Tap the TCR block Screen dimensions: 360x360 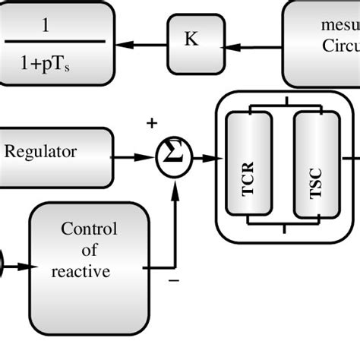(248, 163)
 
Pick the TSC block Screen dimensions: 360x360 (316, 163)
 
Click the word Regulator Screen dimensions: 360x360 (41, 152)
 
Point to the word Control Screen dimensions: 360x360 (89, 229)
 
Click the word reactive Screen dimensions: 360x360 (81, 271)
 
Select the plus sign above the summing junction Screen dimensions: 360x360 (152, 123)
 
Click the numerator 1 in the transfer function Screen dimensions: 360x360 (46, 26)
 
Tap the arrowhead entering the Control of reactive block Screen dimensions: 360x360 (24, 267)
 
